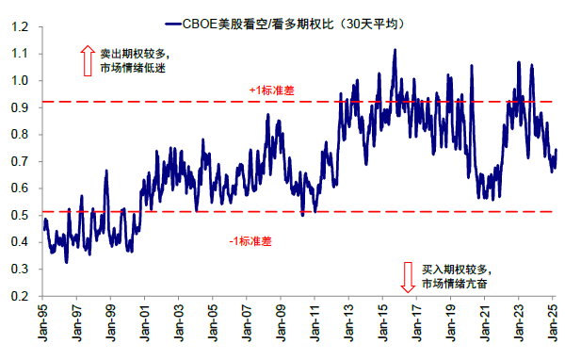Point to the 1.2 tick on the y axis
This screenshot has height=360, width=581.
(19, 26)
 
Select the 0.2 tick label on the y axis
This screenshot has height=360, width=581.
(19, 296)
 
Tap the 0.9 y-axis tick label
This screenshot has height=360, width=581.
(19, 107)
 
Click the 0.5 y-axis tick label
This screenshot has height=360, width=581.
(19, 215)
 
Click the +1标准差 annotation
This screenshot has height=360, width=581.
(271, 90)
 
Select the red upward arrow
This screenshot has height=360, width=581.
(87, 59)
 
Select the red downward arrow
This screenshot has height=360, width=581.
(408, 276)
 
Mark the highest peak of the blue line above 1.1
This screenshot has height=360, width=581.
(395, 50)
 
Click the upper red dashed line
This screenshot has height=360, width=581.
(188, 101)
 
